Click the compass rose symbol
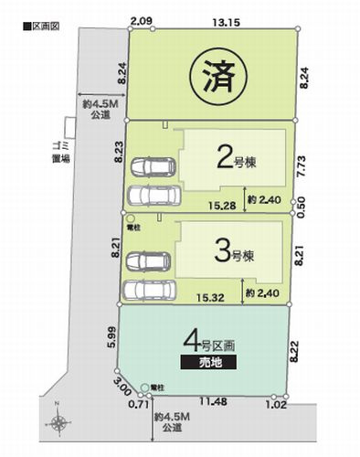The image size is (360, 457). click(59, 422)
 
